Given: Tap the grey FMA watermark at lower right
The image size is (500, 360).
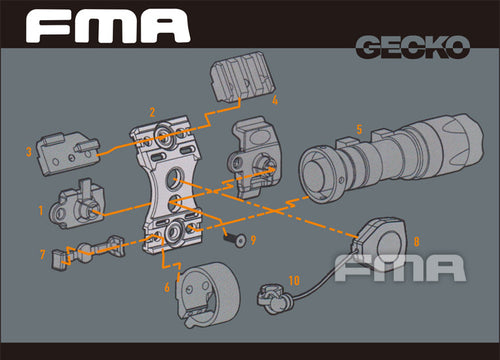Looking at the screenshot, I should click(x=399, y=267).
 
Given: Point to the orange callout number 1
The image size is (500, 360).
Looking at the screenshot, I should click(x=41, y=211).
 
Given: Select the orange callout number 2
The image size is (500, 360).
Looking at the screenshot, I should click(x=152, y=112).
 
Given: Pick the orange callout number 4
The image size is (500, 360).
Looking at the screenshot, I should click(x=274, y=101).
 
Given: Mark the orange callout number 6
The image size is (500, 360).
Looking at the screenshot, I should click(x=167, y=287).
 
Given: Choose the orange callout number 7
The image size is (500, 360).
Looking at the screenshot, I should click(x=43, y=255).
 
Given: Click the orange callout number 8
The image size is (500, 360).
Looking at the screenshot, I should click(x=416, y=241).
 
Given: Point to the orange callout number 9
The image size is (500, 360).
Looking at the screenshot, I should click(x=254, y=239).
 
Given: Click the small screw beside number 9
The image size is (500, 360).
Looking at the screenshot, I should click(x=234, y=238).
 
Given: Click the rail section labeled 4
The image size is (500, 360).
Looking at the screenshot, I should click(x=235, y=79).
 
